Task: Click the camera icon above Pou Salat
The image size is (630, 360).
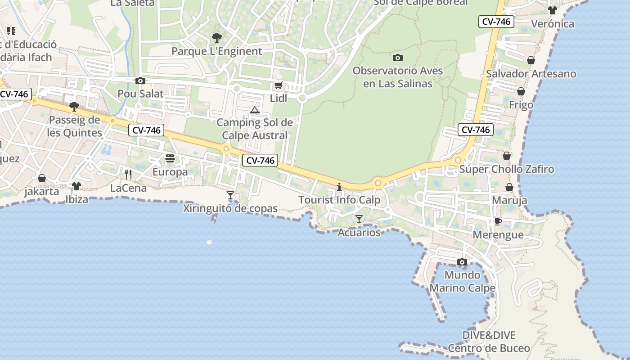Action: point(140,81)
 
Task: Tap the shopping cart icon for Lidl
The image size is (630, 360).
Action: point(279,85)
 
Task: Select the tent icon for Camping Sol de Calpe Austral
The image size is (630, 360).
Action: point(255,110)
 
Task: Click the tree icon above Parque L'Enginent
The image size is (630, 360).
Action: point(217,38)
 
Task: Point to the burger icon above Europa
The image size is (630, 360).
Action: point(170,158)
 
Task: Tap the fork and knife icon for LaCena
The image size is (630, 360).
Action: point(128,174)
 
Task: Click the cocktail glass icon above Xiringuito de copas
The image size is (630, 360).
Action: point(230,195)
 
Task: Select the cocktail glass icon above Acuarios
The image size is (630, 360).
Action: point(359,219)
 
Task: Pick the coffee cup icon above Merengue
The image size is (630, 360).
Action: point(498,221)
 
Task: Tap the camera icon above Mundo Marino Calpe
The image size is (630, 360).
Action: point(462,262)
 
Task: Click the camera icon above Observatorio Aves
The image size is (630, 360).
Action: point(398,58)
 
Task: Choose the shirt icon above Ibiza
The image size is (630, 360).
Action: point(76,186)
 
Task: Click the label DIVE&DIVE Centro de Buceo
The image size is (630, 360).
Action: point(489,342)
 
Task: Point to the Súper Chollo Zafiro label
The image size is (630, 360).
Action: point(507,169)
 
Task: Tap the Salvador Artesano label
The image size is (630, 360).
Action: point(531,74)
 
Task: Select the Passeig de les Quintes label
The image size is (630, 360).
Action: point(75,126)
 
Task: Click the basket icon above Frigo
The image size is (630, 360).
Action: point(521,92)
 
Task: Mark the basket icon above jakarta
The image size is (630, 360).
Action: point(42,178)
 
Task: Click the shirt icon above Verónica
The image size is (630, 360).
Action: point(553,10)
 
